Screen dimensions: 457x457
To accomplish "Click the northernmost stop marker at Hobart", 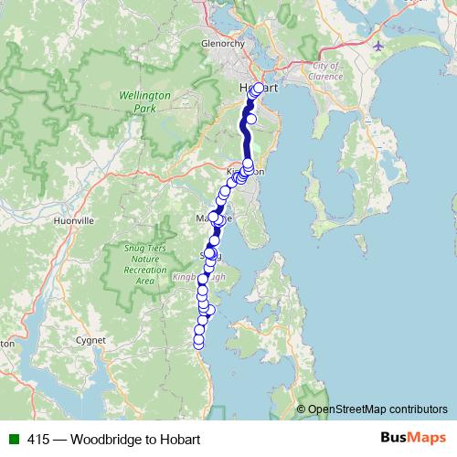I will [259, 88].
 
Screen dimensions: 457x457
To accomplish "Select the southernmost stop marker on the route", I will [198, 344].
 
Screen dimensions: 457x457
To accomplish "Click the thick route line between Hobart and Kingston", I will [245, 137].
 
